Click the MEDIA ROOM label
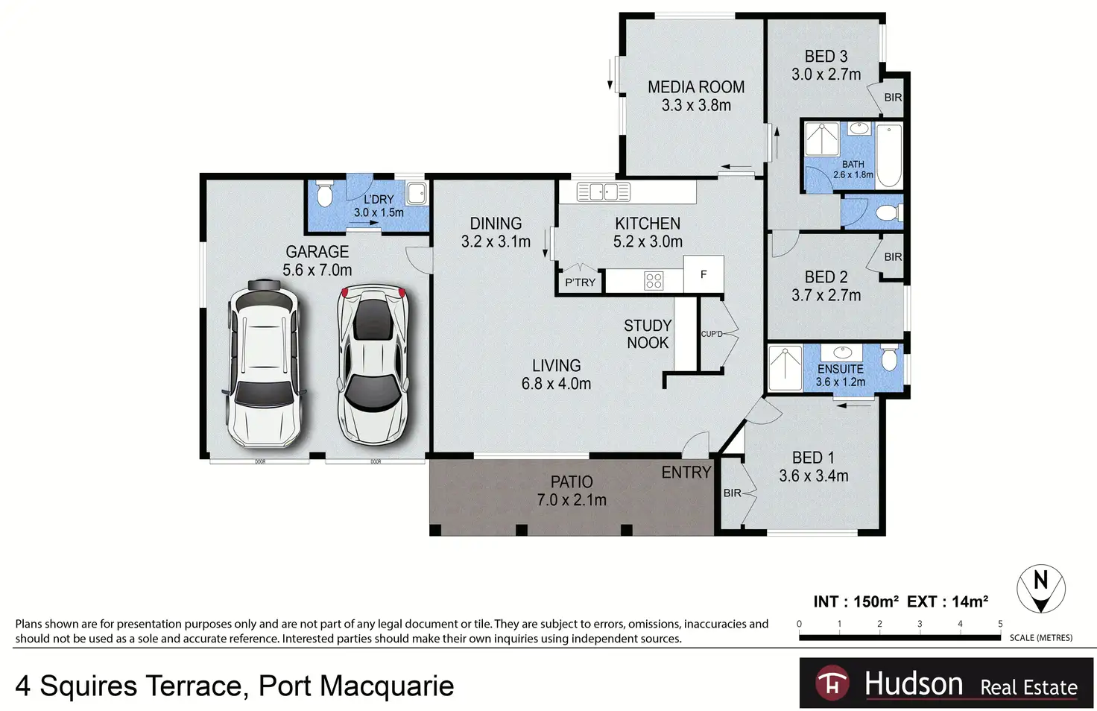click(696, 87)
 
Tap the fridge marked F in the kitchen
click(704, 274)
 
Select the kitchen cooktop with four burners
click(654, 280)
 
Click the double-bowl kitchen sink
click(604, 192)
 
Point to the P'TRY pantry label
click(580, 282)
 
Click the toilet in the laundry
click(324, 194)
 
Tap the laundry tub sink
click(417, 192)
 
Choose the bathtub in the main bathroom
click(889, 156)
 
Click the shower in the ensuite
click(785, 368)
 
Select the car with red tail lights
click(373, 364)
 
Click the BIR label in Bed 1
click(732, 493)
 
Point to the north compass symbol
click(1040, 589)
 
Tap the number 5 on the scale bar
click(1000, 624)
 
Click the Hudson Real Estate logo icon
click(832, 683)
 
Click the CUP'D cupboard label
click(712, 334)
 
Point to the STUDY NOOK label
click(648, 334)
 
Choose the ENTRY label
click(686, 472)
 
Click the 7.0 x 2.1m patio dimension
click(572, 500)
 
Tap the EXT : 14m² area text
click(947, 601)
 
